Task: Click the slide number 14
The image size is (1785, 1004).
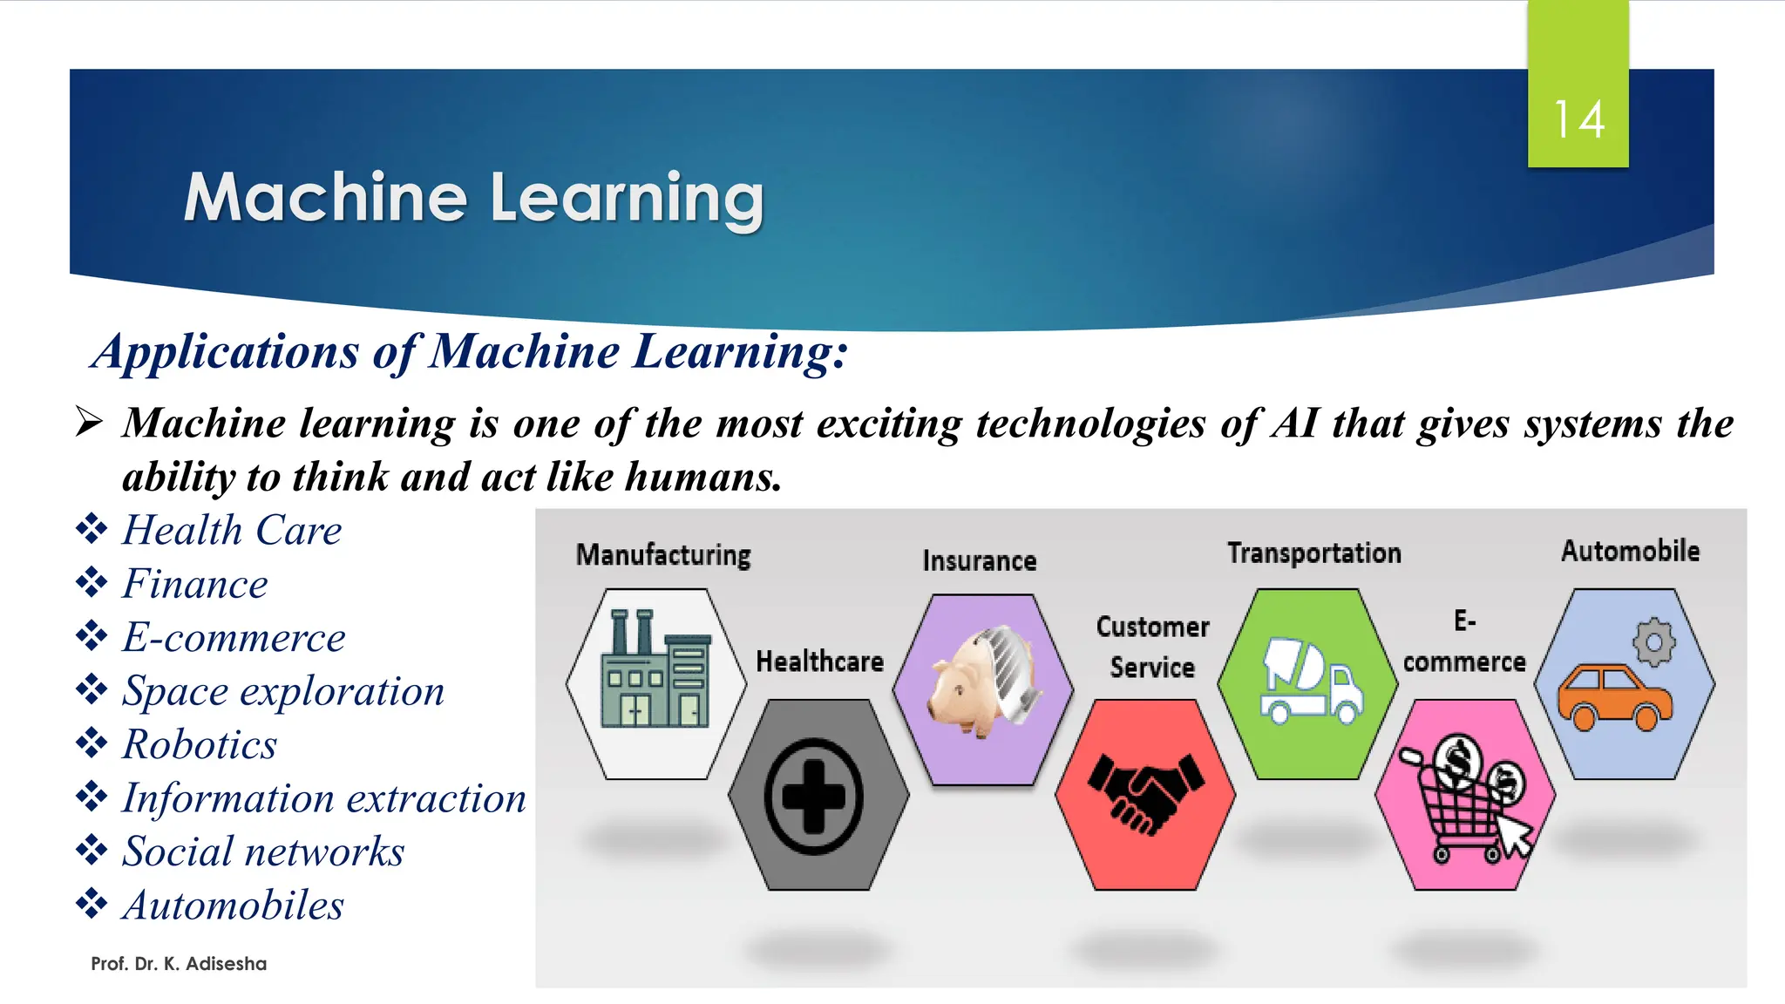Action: tap(1578, 119)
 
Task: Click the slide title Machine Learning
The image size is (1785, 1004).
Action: tap(473, 198)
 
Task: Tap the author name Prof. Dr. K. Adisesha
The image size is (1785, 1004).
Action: tap(179, 963)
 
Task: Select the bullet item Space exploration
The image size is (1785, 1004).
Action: tap(283, 691)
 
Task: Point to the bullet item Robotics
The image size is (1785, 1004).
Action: tap(200, 744)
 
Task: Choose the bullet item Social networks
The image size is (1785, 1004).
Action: tap(263, 851)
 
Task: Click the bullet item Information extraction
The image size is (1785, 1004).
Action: tap(323, 798)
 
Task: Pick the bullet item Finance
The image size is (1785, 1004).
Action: tap(194, 584)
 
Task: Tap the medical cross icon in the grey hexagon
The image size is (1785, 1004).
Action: tap(814, 796)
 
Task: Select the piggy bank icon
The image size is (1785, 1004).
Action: tap(983, 681)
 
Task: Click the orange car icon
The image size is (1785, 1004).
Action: tap(1614, 697)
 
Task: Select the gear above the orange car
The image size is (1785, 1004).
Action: tap(1653, 643)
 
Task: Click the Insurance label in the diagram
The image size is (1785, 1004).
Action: tap(980, 560)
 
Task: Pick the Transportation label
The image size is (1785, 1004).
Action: tap(1314, 553)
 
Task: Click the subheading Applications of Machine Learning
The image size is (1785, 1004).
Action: tap(471, 352)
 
